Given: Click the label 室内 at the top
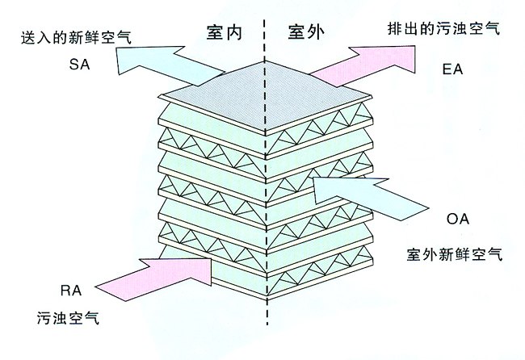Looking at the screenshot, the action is coord(225,32).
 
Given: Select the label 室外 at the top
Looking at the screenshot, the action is coord(306,32).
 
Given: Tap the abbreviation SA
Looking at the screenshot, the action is coord(80,65).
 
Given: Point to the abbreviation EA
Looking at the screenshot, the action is coord(452,69).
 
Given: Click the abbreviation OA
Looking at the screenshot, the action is coord(458,219).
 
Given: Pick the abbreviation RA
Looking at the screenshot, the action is coord(71,290).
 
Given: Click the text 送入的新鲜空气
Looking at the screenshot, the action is coord(77,37).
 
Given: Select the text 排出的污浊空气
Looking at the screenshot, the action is coord(444,28).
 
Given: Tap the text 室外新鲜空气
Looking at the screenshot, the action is coord(455,254).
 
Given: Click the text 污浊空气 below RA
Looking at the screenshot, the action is coord(69,317).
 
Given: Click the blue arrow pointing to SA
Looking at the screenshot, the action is coord(170,64).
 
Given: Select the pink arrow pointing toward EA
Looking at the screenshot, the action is coord(363,65).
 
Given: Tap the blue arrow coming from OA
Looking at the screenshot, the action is coord(371,199).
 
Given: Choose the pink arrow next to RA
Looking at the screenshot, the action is coord(153,278).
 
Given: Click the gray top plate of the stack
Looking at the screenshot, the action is coord(265,96).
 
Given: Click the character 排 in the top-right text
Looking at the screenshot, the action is coord(396,28).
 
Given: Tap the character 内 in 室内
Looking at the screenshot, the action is coord(233,32).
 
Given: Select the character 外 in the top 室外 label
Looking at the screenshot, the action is coord(316,32).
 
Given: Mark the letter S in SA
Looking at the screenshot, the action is coord(74,65).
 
